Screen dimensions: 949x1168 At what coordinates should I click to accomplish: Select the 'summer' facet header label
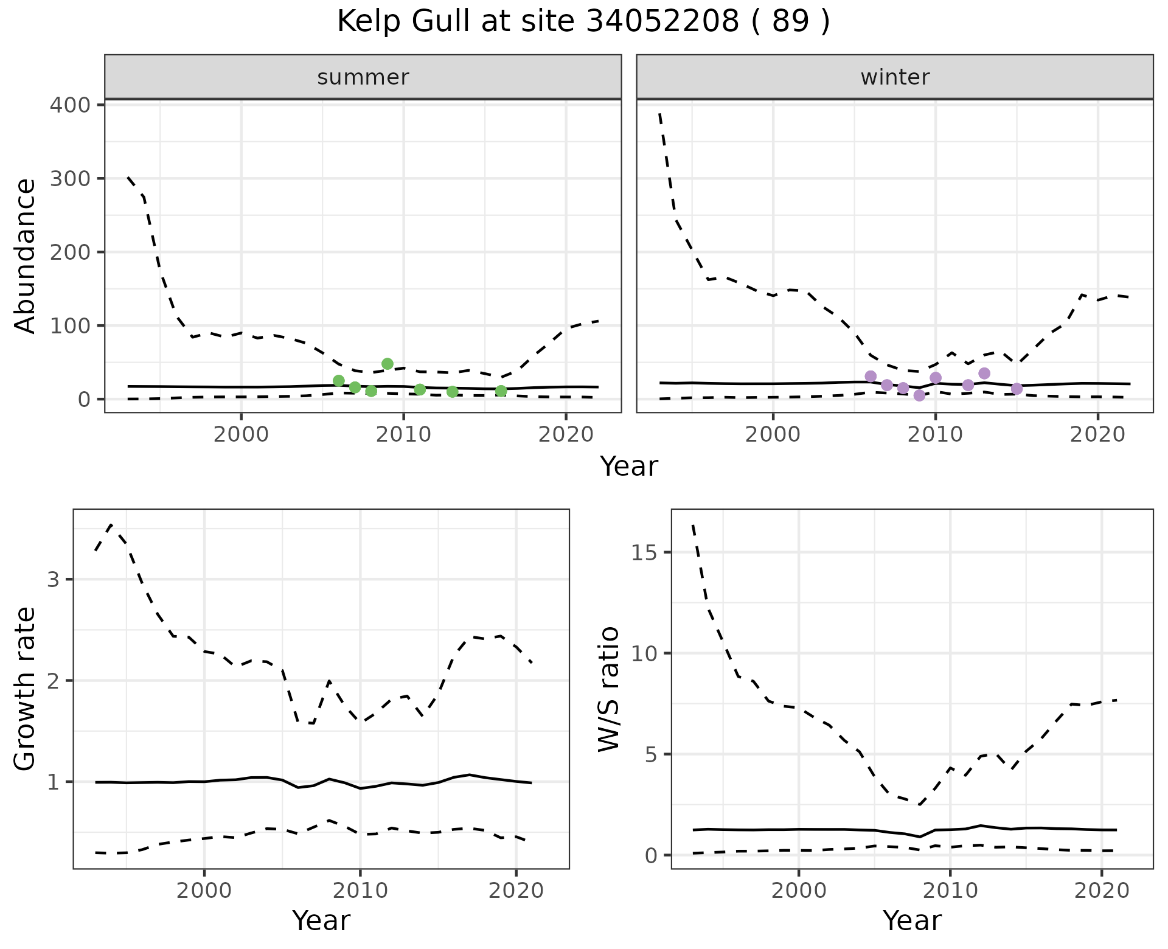pyautogui.click(x=363, y=77)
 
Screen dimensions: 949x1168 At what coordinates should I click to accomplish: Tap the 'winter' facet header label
pyautogui.click(x=894, y=77)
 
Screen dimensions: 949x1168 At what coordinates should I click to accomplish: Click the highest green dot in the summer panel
pyautogui.click(x=388, y=364)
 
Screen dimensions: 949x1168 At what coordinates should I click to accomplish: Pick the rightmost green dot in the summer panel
pyautogui.click(x=501, y=391)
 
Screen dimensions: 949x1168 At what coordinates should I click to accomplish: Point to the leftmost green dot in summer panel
pyautogui.click(x=339, y=381)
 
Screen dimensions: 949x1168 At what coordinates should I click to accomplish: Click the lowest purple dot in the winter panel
pyautogui.click(x=919, y=395)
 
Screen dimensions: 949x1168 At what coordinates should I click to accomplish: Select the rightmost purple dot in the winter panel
pyautogui.click(x=1017, y=389)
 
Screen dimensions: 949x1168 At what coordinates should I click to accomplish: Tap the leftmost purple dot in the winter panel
pyautogui.click(x=871, y=376)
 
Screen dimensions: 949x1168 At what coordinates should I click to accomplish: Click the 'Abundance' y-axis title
pyautogui.click(x=26, y=255)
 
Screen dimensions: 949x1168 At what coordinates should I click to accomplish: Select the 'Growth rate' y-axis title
pyautogui.click(x=26, y=689)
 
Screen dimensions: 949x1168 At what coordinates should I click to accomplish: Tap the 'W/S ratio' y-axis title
pyautogui.click(x=608, y=689)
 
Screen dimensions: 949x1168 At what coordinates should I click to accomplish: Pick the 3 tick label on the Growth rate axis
pyautogui.click(x=53, y=579)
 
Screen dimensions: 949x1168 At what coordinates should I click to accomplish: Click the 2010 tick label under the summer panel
pyautogui.click(x=403, y=436)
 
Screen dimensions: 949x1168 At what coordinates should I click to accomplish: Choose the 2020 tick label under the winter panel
pyautogui.click(x=1097, y=436)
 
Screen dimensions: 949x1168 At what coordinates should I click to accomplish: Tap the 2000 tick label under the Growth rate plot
pyautogui.click(x=204, y=891)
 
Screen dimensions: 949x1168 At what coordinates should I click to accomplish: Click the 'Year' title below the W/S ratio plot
pyautogui.click(x=911, y=920)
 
